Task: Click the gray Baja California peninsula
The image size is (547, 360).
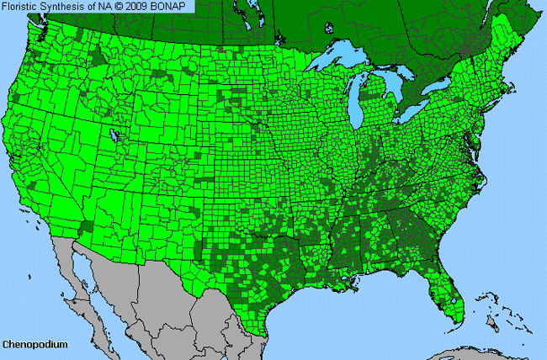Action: [x=80, y=278]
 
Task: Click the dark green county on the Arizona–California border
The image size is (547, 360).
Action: [x=88, y=228]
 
